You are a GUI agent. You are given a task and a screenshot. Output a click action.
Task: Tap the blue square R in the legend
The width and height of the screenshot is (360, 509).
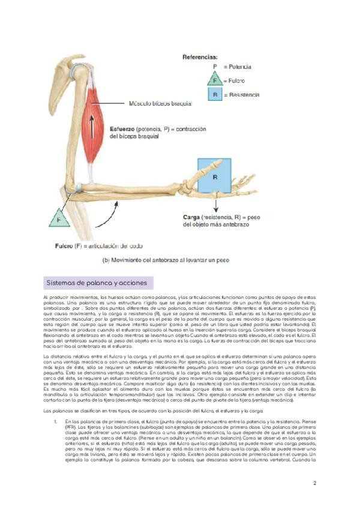click(215, 95)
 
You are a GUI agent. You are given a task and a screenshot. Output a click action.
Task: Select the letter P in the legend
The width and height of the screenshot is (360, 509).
click(215, 67)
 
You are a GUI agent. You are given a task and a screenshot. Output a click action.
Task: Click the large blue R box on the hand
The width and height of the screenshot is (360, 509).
click(214, 177)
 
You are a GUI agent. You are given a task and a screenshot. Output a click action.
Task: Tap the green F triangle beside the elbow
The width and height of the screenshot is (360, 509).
click(59, 219)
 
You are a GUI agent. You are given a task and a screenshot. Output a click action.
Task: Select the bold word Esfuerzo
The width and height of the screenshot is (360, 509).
click(122, 128)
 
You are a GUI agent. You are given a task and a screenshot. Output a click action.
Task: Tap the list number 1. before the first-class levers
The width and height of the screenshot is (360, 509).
click(56, 422)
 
